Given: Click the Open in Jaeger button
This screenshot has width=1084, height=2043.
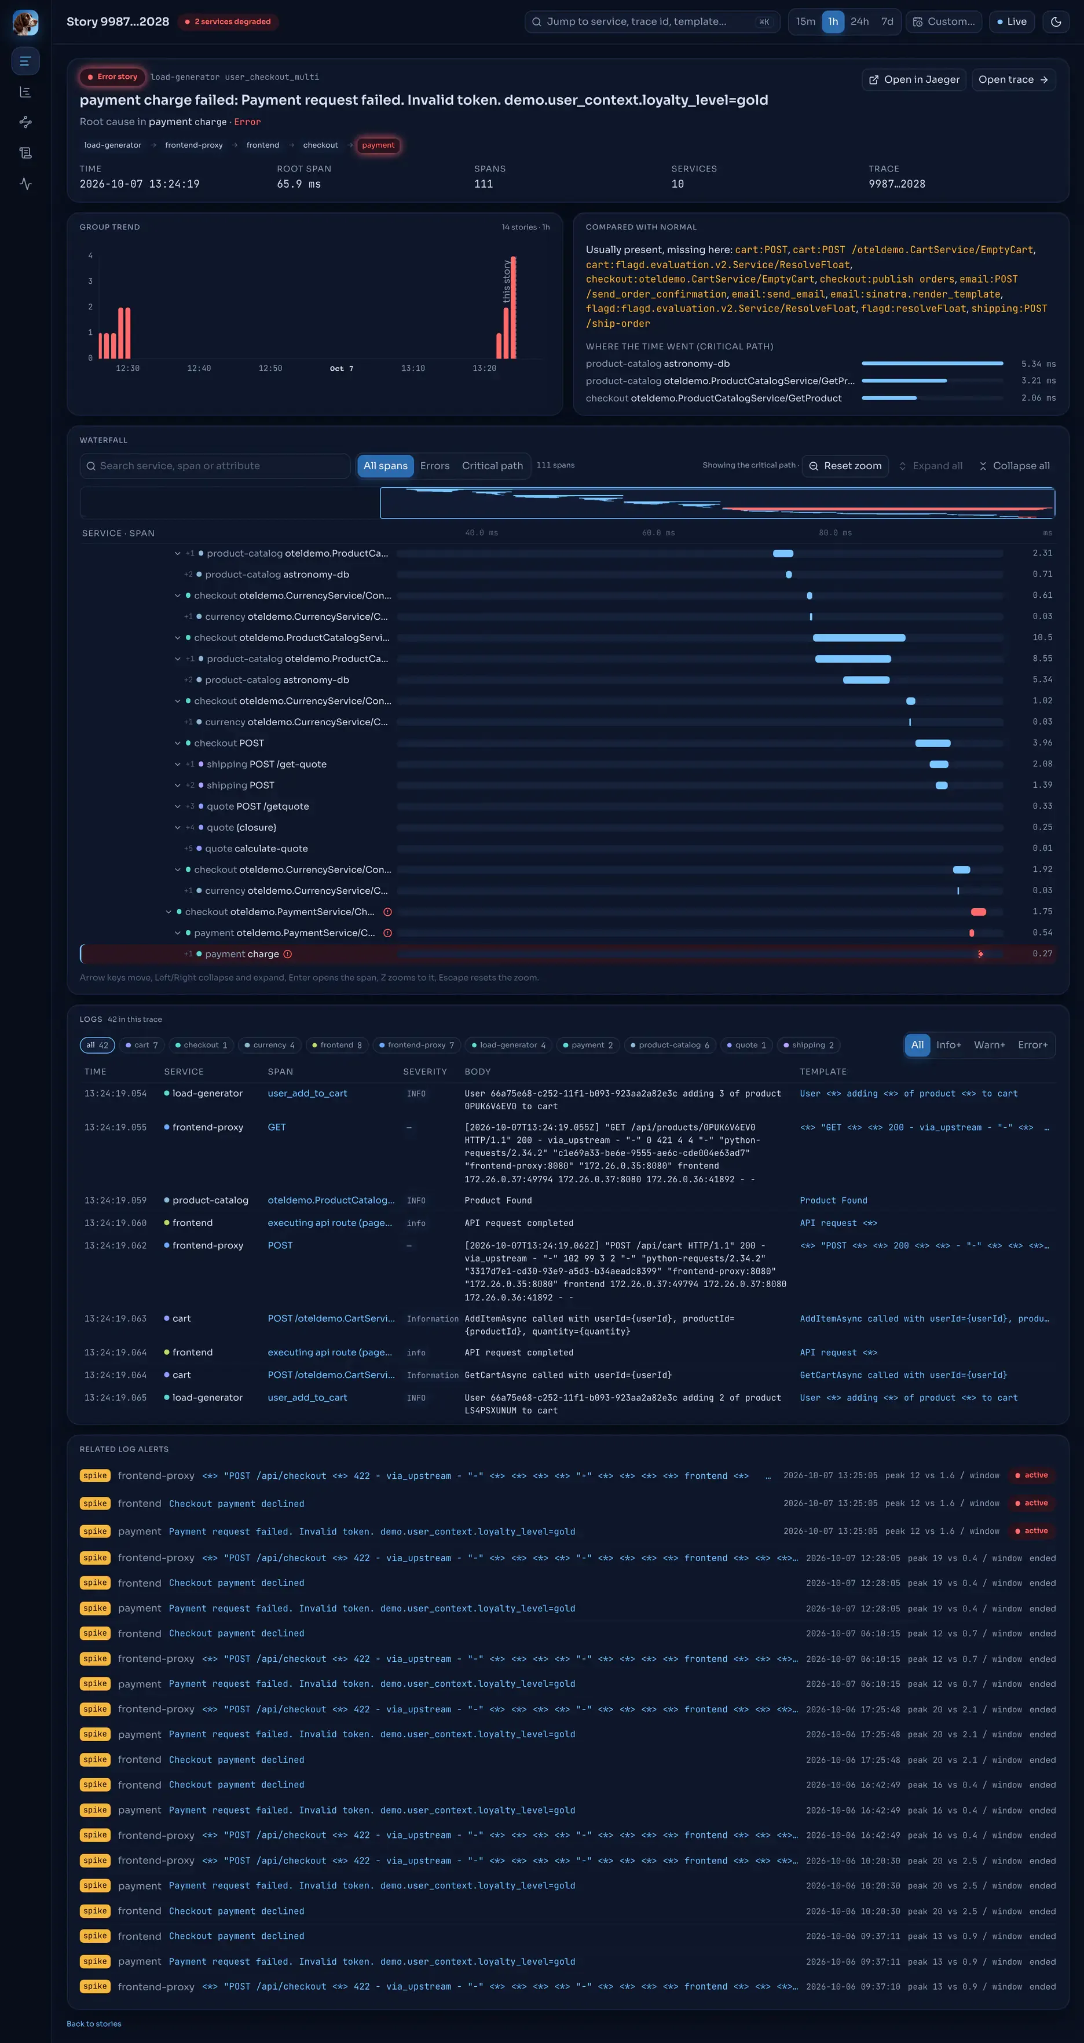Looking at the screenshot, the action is coord(914,79).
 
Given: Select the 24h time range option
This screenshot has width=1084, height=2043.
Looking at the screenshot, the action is coord(859,21).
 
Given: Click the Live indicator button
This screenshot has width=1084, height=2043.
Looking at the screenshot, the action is coord(1012,21).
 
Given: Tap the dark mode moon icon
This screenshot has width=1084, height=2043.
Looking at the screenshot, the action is coord(1056,21).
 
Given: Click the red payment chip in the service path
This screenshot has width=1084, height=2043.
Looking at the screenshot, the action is coord(378,145).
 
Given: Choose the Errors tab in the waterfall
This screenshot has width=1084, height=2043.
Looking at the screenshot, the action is coord(434,466).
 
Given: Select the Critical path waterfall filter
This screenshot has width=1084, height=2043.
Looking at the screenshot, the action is coord(492,466).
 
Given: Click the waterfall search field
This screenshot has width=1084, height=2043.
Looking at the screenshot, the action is coord(215,466).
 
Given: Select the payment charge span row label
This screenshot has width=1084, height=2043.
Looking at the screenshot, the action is coord(242,954).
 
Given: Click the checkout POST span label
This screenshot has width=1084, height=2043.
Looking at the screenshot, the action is coord(229,743).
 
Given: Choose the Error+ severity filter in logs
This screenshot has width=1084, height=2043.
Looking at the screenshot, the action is coord(1032,1044).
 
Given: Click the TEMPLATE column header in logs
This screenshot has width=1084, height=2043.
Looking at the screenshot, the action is coord(822,1072).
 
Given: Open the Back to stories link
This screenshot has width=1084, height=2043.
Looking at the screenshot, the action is coord(94,2023).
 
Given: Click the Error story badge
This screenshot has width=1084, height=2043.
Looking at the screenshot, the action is coord(112,77).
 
